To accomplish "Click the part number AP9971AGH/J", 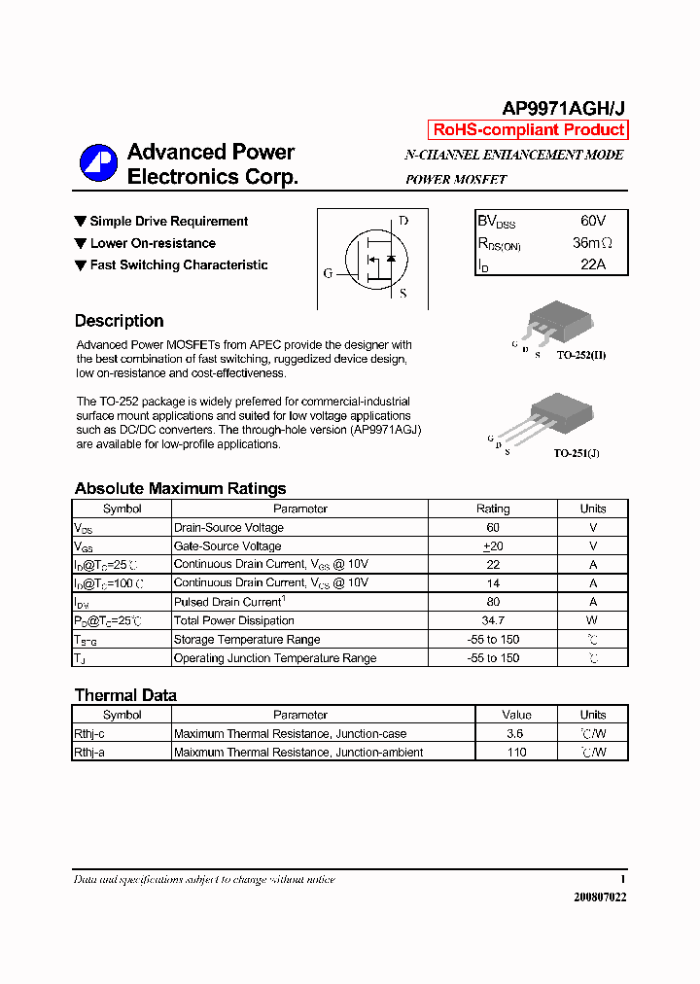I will click(x=563, y=109).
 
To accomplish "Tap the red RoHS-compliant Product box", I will click(x=528, y=130).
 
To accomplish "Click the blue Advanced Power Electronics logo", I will click(x=98, y=163).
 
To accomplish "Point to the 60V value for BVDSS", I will click(x=592, y=222).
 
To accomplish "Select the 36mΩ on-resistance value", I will click(x=592, y=243).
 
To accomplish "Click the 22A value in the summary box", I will click(x=592, y=264).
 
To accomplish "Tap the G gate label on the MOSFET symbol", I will click(x=328, y=273).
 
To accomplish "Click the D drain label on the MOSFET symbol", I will click(x=403, y=221).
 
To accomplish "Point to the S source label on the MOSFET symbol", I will click(x=403, y=293).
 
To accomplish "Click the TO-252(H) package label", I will click(x=581, y=356).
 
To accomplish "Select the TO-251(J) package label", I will click(x=577, y=453).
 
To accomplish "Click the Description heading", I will click(x=119, y=321).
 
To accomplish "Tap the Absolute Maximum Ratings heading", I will click(x=180, y=489).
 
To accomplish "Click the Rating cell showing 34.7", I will click(x=492, y=620).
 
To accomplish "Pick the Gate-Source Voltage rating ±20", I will click(x=492, y=546).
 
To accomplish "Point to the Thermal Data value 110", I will click(x=515, y=753).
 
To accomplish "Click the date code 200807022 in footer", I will click(x=599, y=897).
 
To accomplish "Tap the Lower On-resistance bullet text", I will click(x=153, y=243).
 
